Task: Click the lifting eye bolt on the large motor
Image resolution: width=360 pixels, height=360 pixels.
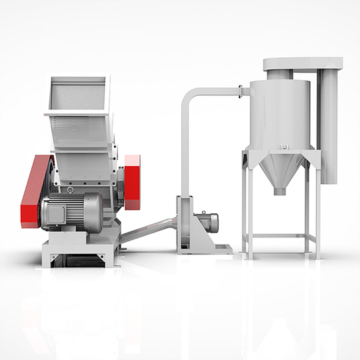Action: click(x=71, y=191)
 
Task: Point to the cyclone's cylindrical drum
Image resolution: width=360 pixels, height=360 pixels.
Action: click(x=279, y=117)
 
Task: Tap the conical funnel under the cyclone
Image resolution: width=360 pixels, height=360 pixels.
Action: click(x=279, y=170)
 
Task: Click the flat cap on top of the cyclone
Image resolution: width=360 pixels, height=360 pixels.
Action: click(x=301, y=63)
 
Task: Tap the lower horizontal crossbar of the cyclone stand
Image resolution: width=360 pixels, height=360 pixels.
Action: click(x=279, y=235)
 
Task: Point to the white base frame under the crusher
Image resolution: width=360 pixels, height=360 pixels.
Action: click(x=80, y=251)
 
